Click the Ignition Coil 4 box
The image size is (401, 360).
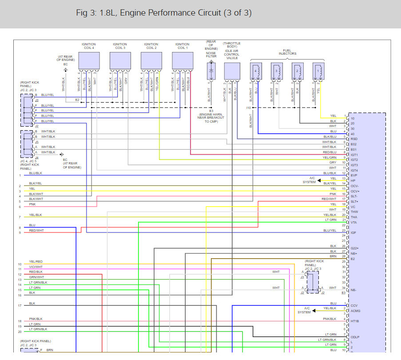coord(89,60)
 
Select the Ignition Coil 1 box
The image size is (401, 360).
coord(182,60)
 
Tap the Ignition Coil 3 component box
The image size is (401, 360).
coord(120,60)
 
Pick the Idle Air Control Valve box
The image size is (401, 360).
coord(232,70)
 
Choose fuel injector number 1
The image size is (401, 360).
coord(318,70)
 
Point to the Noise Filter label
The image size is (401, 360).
coord(211,55)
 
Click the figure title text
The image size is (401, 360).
coord(164,13)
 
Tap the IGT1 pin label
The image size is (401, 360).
coord(354,155)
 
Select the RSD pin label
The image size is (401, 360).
coord(354,139)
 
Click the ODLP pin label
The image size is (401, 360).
coord(355,337)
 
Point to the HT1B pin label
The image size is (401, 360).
coord(354,321)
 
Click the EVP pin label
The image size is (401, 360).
coord(354,176)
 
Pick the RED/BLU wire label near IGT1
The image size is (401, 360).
coord(329,152)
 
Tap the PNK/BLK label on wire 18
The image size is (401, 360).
coord(36,319)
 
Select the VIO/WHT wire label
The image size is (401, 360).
coord(36,267)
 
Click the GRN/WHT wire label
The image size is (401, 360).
coord(37,277)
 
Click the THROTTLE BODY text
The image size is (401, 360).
coord(232,45)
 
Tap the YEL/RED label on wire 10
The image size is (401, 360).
coord(36,261)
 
